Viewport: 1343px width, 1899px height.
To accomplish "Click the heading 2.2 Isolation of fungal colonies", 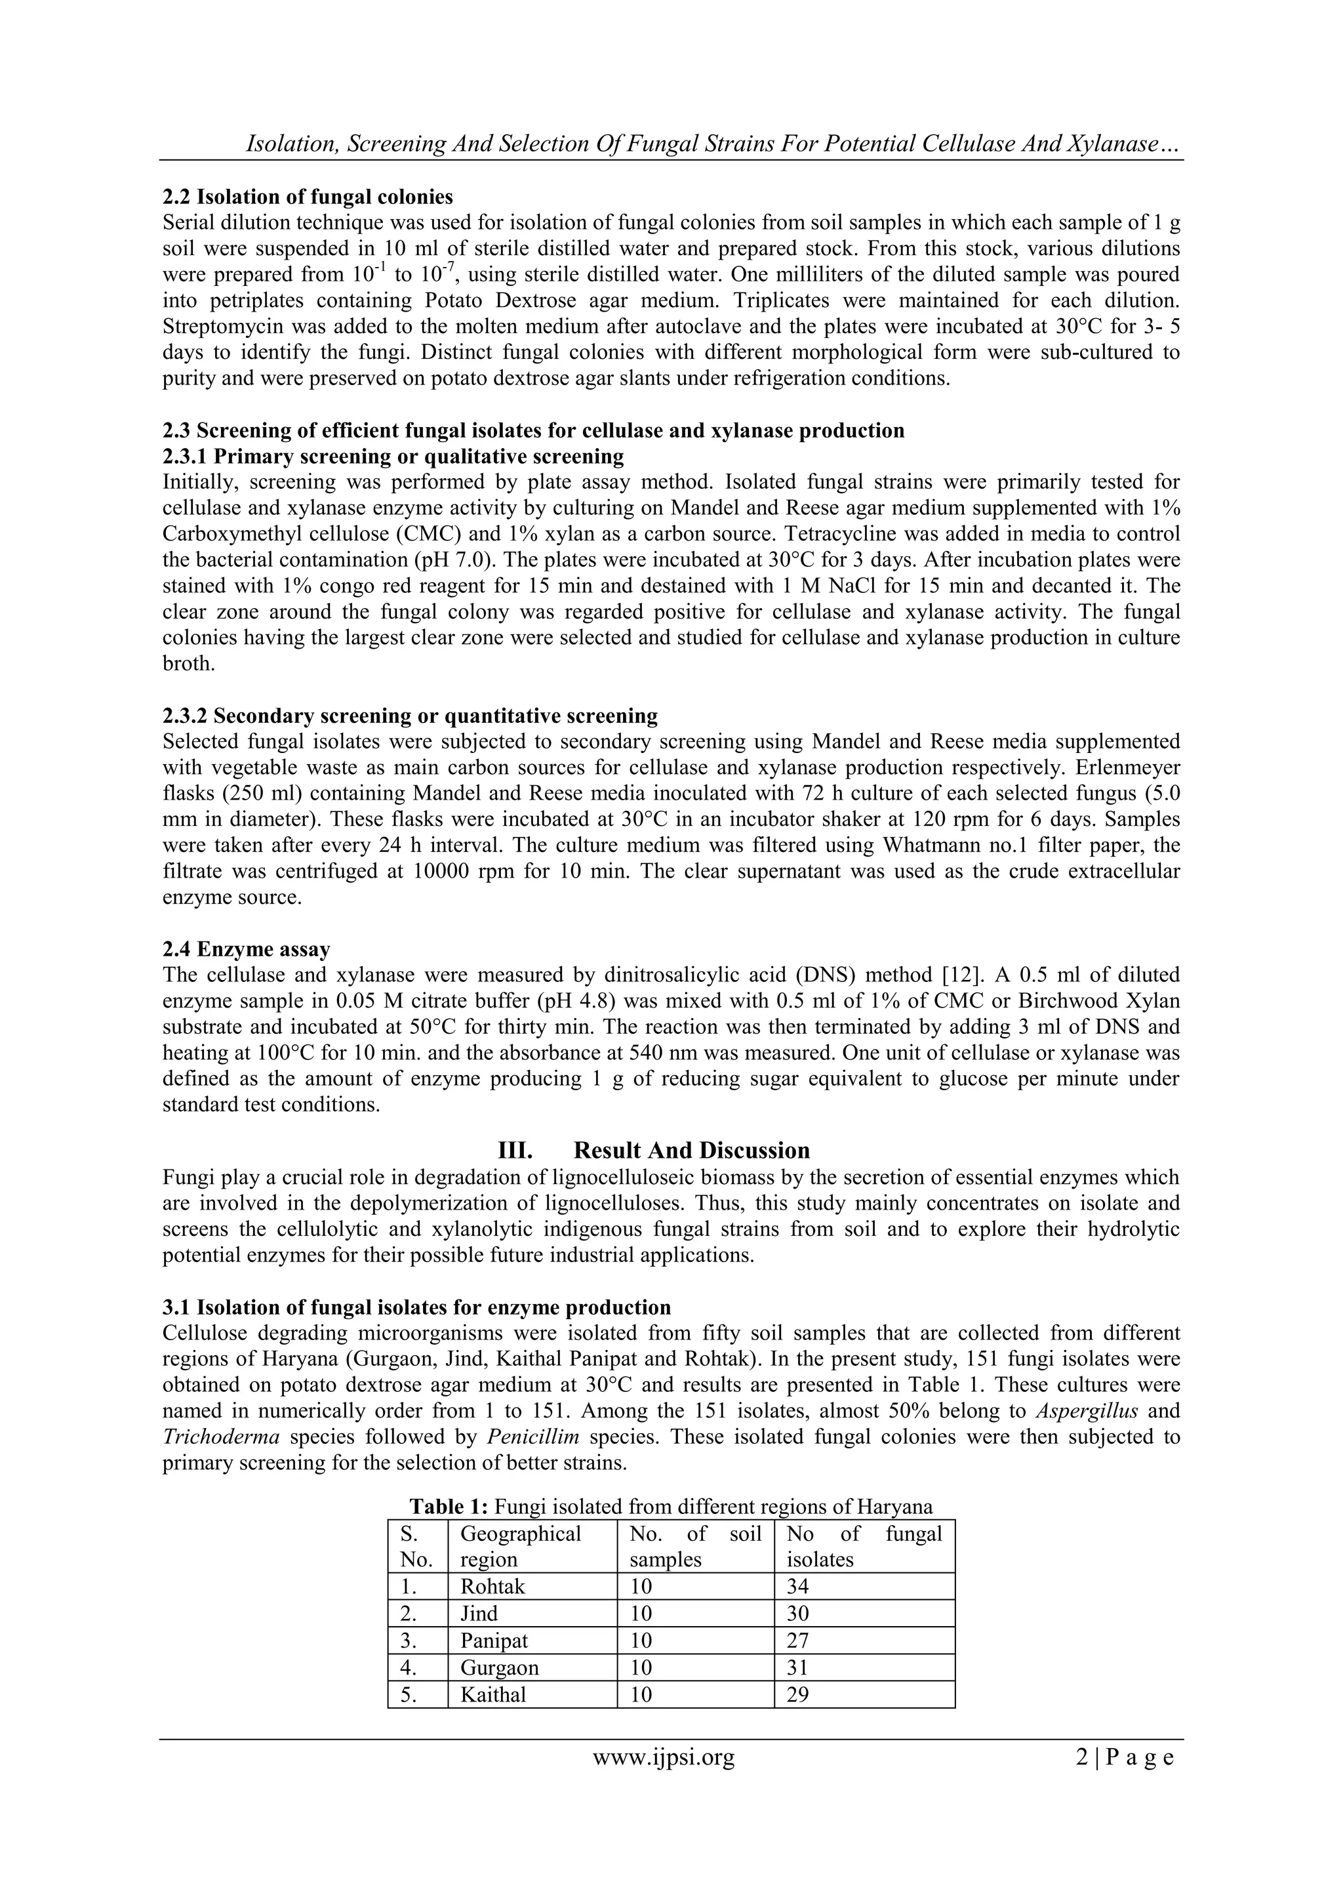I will pyautogui.click(x=308, y=197).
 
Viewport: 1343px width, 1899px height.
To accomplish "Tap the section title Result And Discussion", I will pyautogui.click(x=691, y=1151).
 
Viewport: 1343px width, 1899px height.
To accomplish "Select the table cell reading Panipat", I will pyautogui.click(x=494, y=1640).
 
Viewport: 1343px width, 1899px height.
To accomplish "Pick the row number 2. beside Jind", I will pyautogui.click(x=408, y=1613).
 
